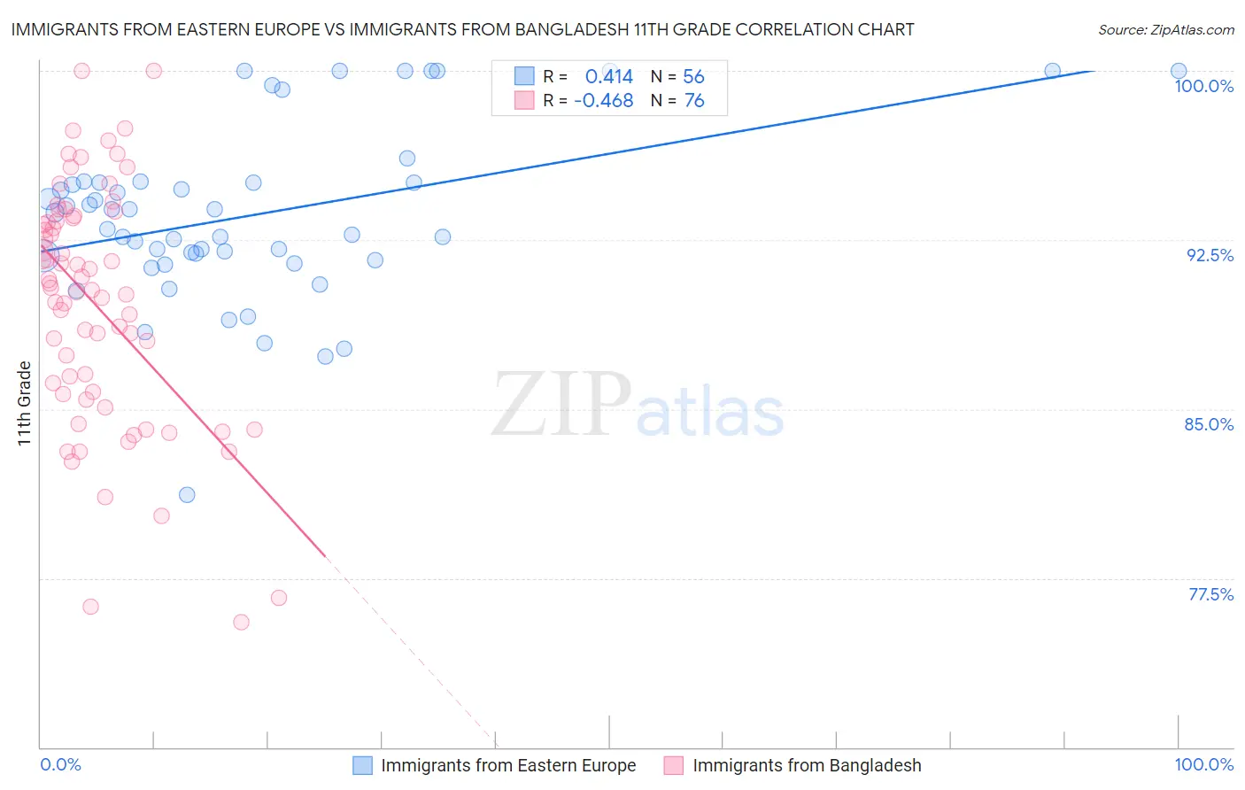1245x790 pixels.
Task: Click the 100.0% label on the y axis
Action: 1203,86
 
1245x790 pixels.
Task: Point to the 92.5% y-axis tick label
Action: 1210,255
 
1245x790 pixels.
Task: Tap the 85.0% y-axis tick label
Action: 1209,424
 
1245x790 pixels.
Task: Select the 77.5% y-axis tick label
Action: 1210,594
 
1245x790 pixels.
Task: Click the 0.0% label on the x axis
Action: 60,764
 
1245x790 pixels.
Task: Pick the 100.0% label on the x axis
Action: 1203,764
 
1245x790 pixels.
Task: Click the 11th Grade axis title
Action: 25,403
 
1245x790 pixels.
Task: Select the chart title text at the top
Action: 462,29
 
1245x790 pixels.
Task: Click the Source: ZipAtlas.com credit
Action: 1165,30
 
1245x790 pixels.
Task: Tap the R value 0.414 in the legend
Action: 609,77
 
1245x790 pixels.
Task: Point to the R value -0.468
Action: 604,101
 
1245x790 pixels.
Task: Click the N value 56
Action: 693,77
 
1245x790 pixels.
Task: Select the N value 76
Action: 694,101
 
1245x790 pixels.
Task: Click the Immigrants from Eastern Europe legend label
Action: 508,765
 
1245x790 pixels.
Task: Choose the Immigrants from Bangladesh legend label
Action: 807,765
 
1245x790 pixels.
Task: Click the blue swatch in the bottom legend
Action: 362,765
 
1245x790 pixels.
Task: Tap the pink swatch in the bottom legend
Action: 674,765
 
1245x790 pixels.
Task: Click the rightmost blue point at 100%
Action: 1179,71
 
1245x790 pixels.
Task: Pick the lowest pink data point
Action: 241,622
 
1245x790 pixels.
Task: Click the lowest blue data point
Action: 187,494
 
